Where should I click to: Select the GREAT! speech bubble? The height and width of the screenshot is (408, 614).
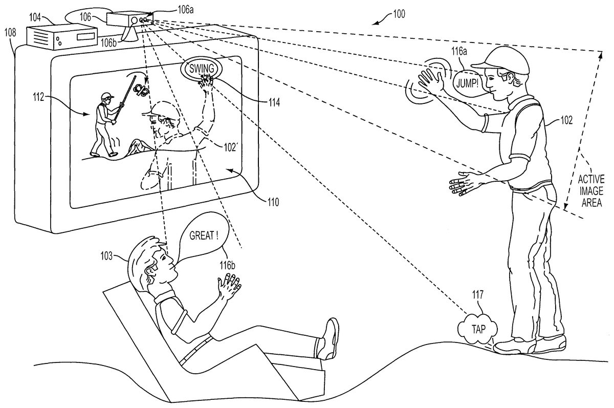point(204,236)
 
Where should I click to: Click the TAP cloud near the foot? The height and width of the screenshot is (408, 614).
point(474,328)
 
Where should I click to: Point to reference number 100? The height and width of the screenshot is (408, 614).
point(396,14)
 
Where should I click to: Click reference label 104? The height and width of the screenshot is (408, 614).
point(35,17)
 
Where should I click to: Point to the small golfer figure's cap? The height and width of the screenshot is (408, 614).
point(106,96)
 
